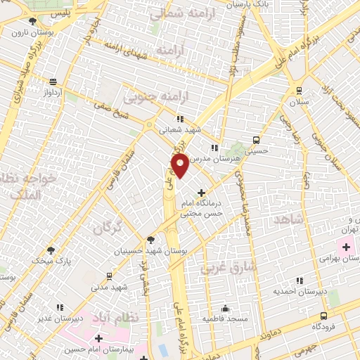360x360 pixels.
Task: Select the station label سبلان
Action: click(x=300, y=102)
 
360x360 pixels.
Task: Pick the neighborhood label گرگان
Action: click(x=108, y=227)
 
